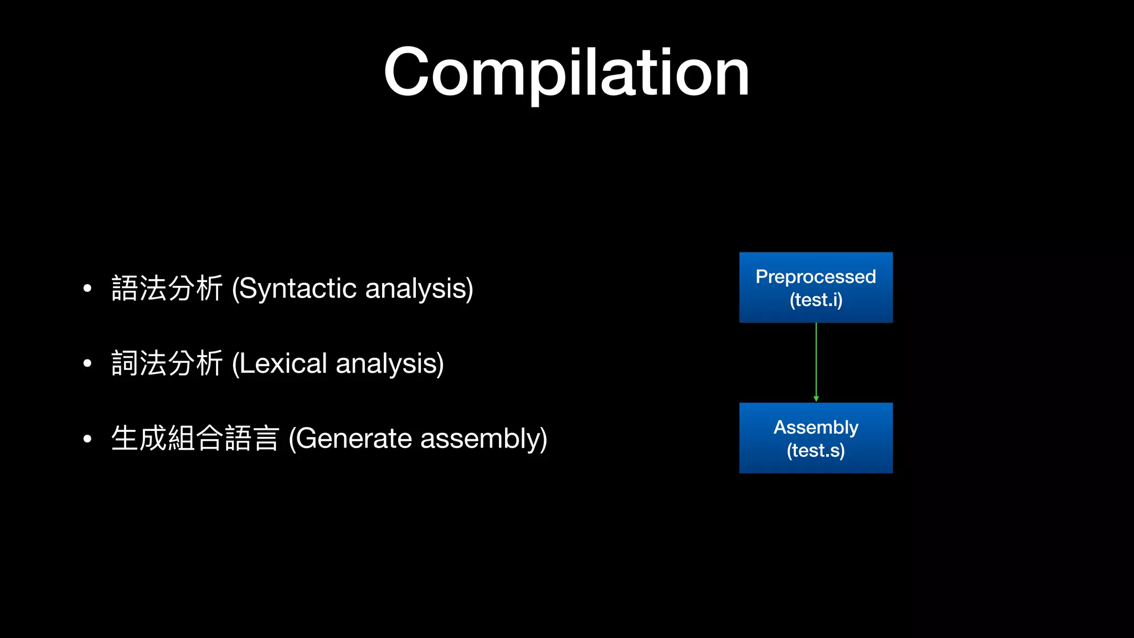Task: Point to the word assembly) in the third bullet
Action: (483, 439)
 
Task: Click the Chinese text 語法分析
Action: (167, 289)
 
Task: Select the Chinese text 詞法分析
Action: (167, 364)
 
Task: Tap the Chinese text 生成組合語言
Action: (195, 439)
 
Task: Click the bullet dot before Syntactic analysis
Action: (87, 289)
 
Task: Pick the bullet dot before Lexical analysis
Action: (87, 364)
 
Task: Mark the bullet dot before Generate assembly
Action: (87, 439)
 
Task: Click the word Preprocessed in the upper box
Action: (816, 276)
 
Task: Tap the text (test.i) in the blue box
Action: (816, 300)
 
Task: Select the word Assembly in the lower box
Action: (816, 427)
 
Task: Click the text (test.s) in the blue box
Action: (816, 450)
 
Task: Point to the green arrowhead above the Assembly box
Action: (816, 399)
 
